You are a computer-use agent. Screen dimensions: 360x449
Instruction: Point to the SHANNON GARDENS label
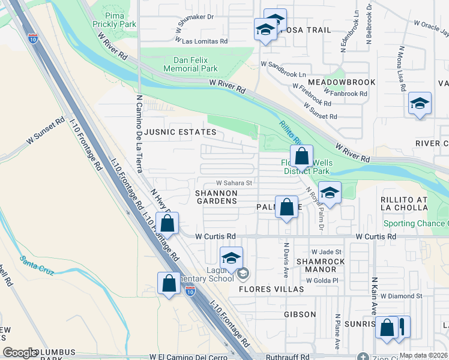217,197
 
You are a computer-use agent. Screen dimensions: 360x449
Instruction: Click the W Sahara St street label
234,183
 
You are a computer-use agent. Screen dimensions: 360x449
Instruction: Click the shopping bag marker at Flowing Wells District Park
302,157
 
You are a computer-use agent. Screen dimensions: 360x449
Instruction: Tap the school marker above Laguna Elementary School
231,258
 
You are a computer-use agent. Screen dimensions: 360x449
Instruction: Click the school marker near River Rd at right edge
420,103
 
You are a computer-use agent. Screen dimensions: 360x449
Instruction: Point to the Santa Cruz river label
37,261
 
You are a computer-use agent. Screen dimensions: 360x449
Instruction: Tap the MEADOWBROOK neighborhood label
342,82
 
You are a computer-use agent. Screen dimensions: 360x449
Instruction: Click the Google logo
20,353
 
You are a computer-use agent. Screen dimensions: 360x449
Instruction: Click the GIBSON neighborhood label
299,314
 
